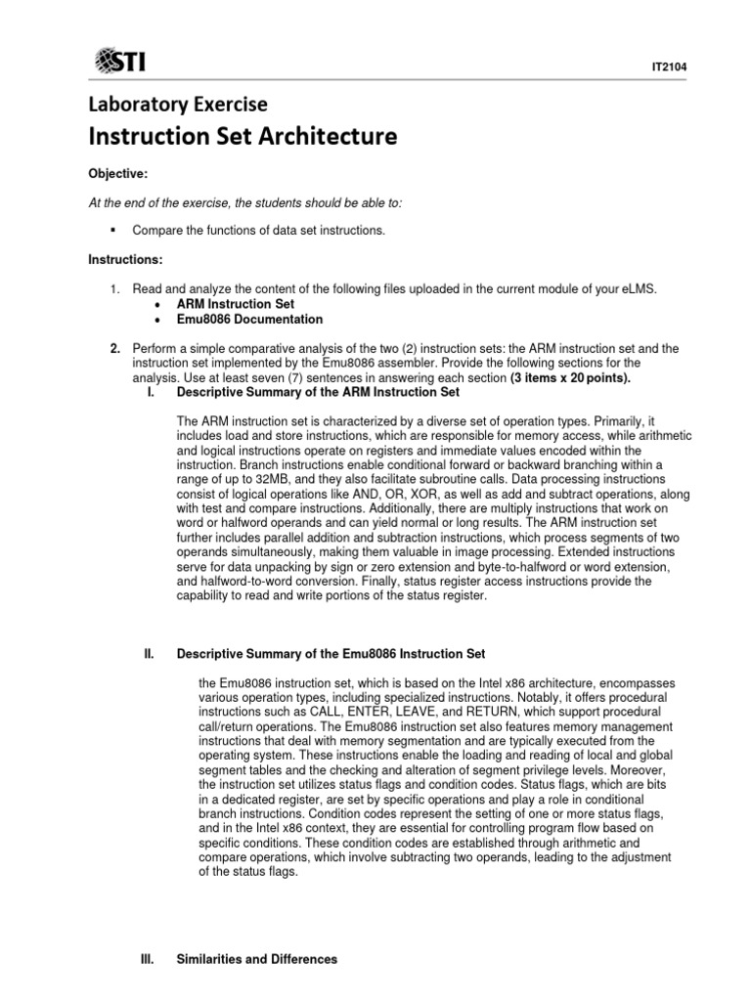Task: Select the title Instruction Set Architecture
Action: [x=243, y=137]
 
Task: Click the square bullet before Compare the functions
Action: [x=113, y=230]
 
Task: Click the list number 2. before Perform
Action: [x=114, y=348]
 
